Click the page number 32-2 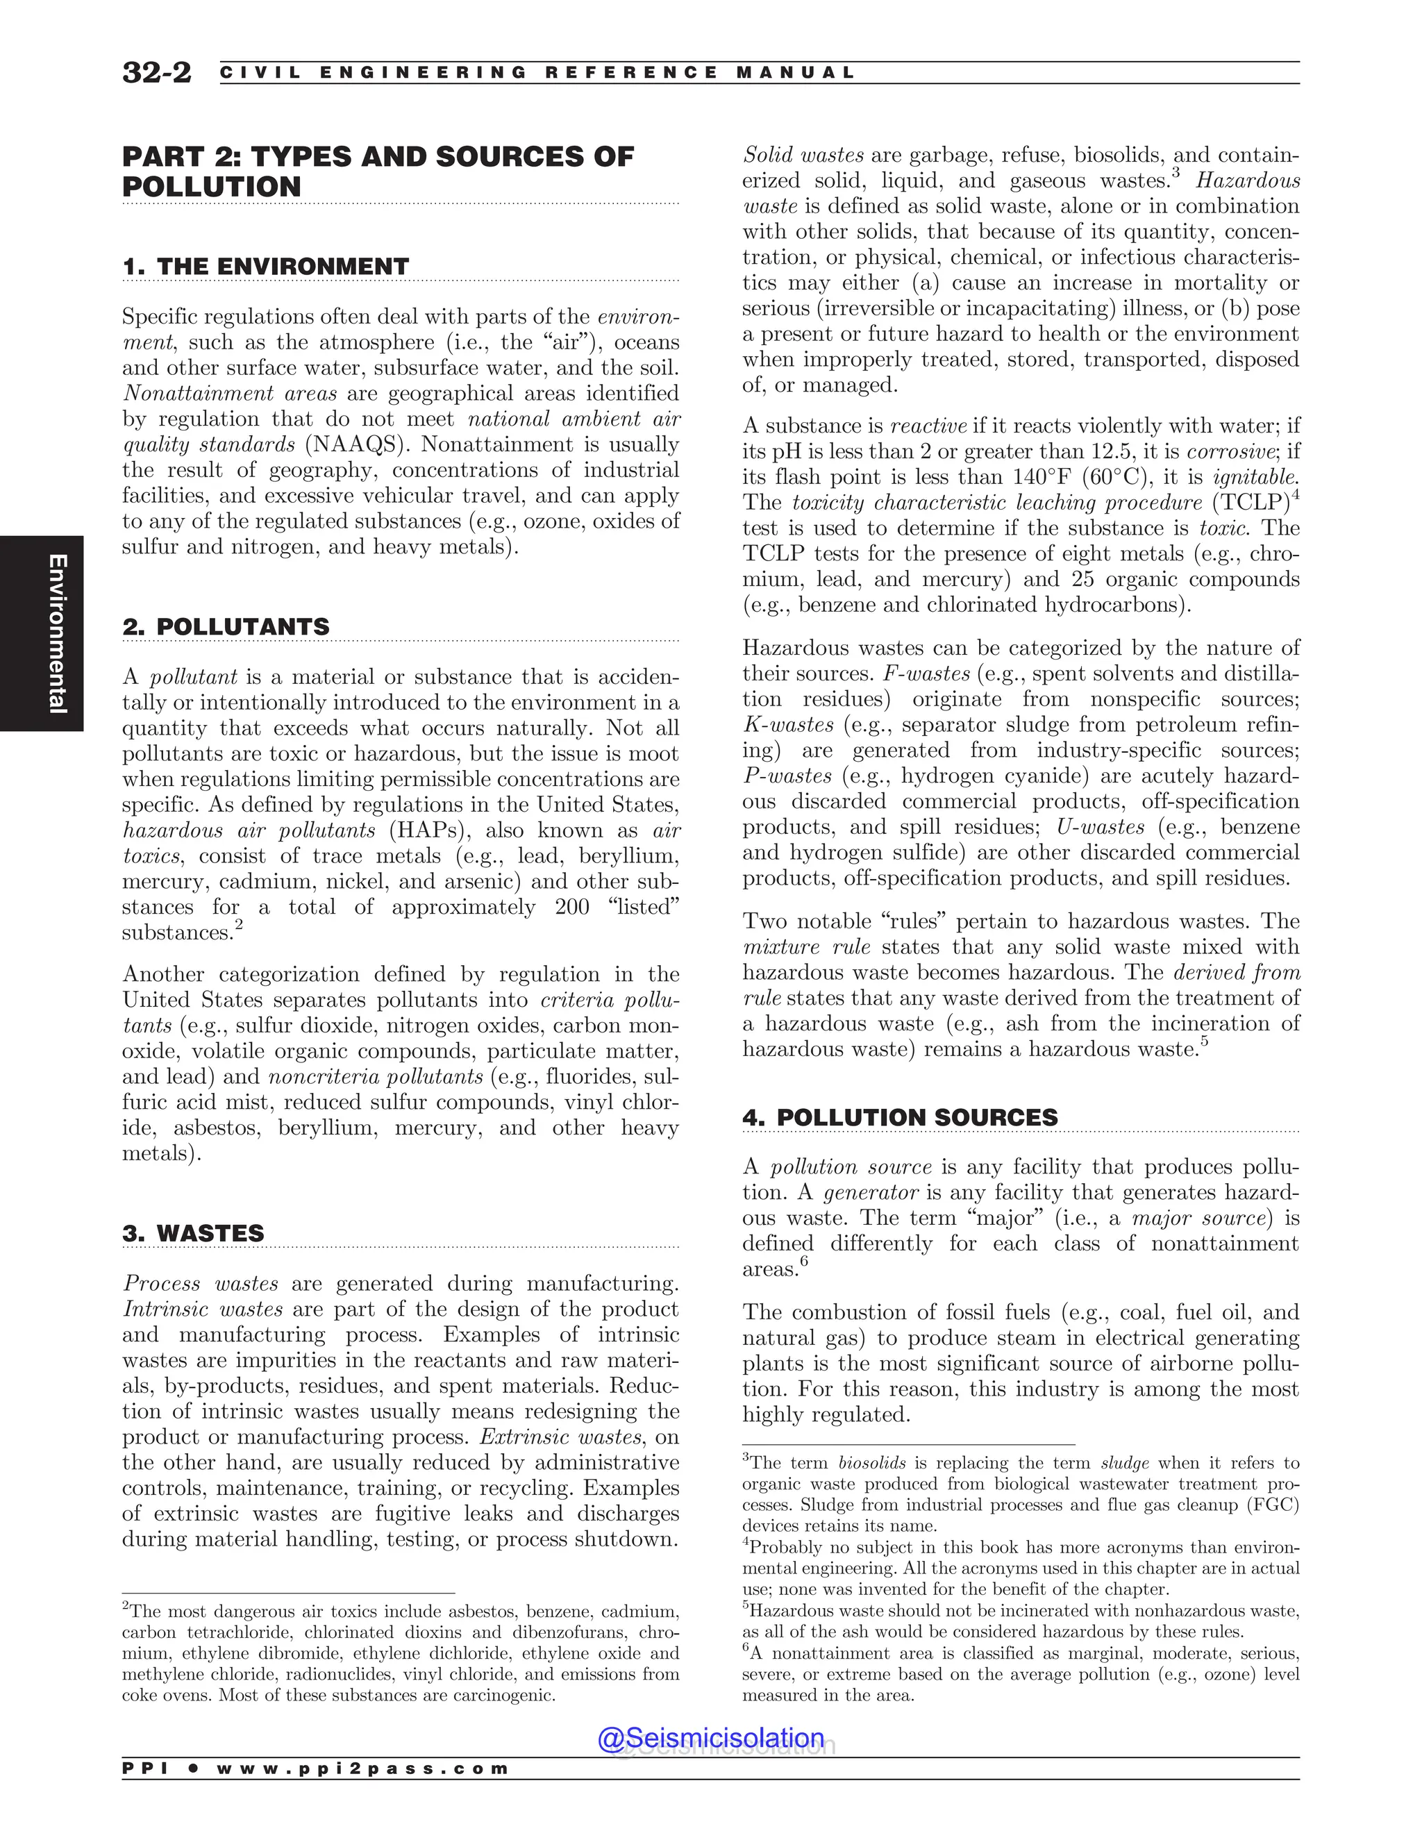pos(157,72)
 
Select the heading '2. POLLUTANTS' pos(226,627)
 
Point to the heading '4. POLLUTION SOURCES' pos(900,1117)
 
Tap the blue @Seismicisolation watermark pos(711,1738)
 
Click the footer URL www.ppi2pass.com pos(362,1768)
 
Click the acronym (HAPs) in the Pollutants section pos(427,830)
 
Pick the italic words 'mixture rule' pos(806,947)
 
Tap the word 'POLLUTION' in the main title pos(212,187)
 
